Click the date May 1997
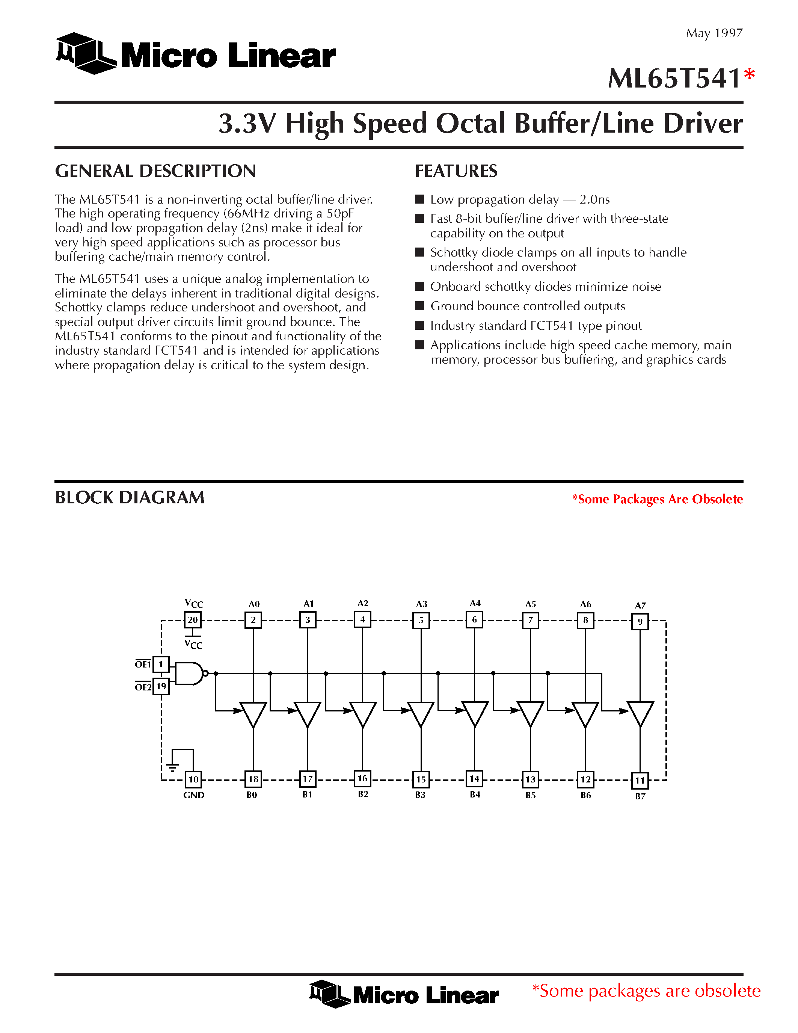click(714, 33)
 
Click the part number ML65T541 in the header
click(674, 79)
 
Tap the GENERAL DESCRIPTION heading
click(155, 171)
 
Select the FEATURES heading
click(456, 171)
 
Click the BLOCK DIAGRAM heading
click(130, 498)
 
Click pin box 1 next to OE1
click(161, 664)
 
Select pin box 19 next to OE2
click(161, 686)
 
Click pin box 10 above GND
click(193, 779)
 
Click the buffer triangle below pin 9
click(640, 714)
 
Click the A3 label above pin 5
click(421, 604)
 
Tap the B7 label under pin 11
click(640, 796)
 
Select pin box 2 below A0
click(253, 619)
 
